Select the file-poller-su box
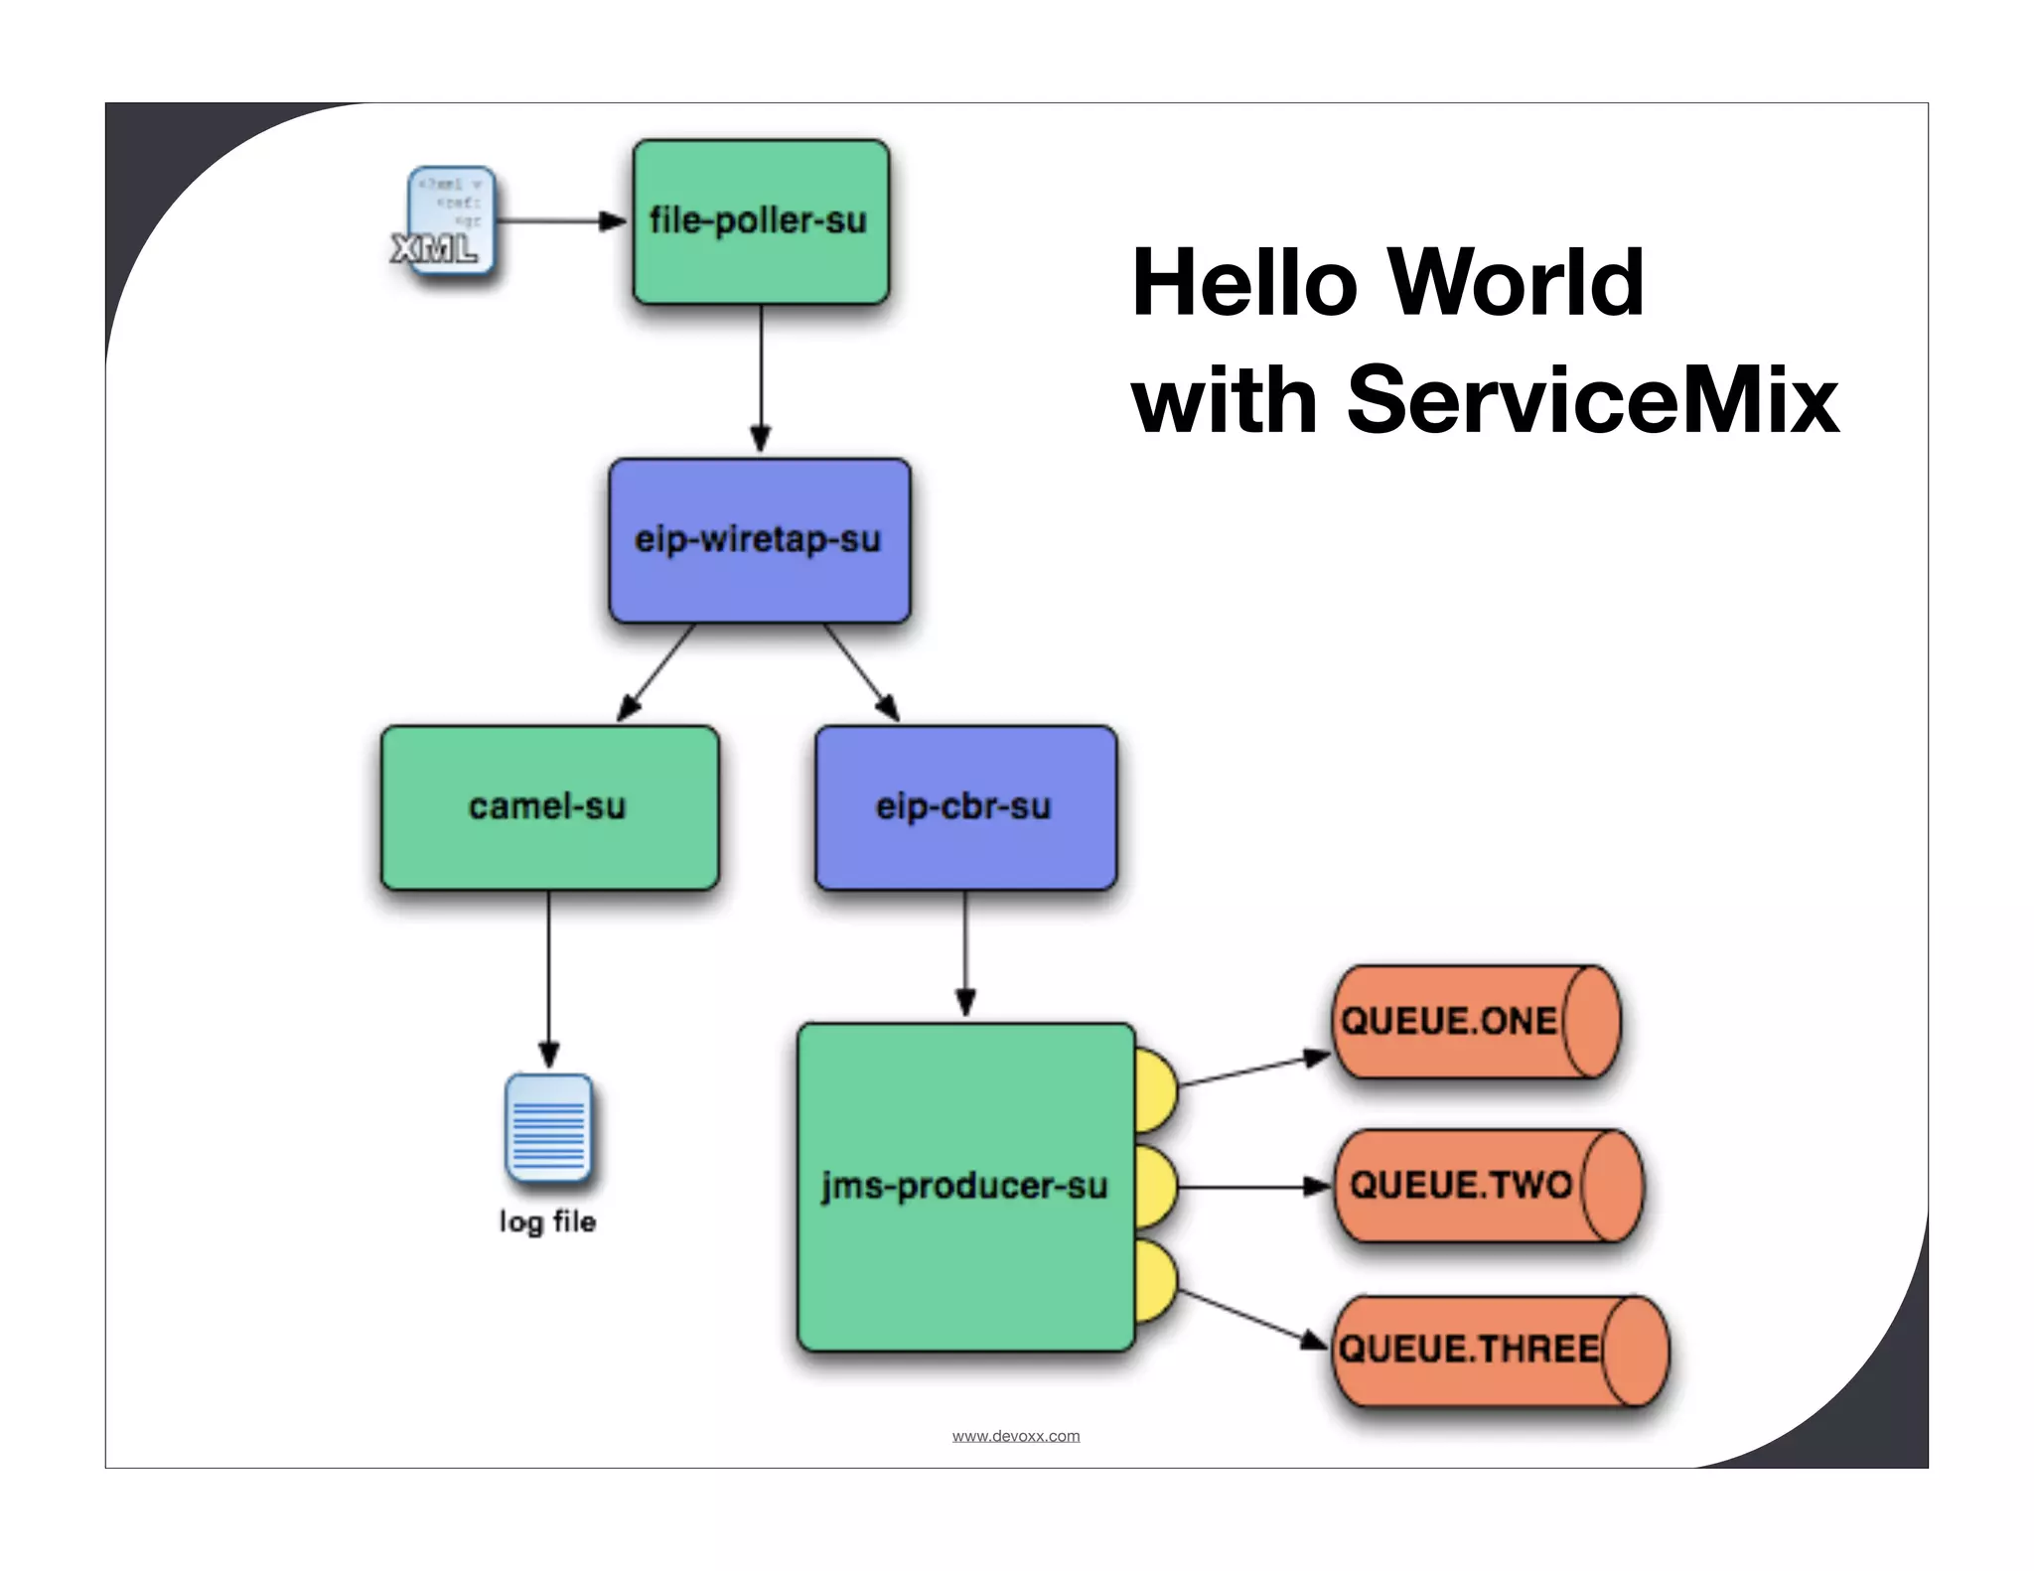(761, 221)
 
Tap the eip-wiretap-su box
(760, 540)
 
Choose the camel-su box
(549, 807)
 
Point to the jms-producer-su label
(963, 1186)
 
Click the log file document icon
(548, 1128)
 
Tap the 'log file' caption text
(547, 1221)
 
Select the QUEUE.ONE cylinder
(1474, 1022)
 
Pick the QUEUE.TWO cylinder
(1486, 1186)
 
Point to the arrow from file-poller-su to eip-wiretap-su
(761, 377)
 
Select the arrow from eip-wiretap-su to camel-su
(655, 673)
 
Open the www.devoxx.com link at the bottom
(1015, 1436)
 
